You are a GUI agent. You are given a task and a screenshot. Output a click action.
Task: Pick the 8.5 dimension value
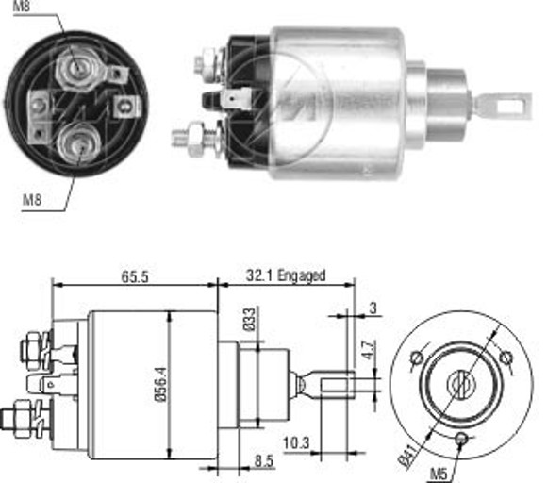coord(266,462)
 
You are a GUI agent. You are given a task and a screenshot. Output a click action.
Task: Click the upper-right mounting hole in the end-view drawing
coord(506,358)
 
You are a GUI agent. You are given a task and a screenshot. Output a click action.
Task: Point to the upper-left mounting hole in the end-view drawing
coord(415,358)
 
